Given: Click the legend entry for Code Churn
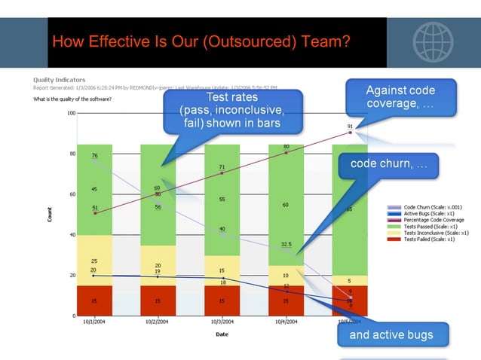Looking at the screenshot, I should click(426, 206).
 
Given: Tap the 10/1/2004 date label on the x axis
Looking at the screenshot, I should click(94, 322).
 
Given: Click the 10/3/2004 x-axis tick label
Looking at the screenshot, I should click(222, 322).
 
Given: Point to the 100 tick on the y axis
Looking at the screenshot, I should click(71, 114).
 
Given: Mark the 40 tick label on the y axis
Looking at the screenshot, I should click(72, 235).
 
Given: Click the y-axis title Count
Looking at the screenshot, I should click(51, 214).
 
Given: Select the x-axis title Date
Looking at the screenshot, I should click(222, 334).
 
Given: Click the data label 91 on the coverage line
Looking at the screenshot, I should click(350, 127).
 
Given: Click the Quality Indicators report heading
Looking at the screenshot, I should click(59, 80).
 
